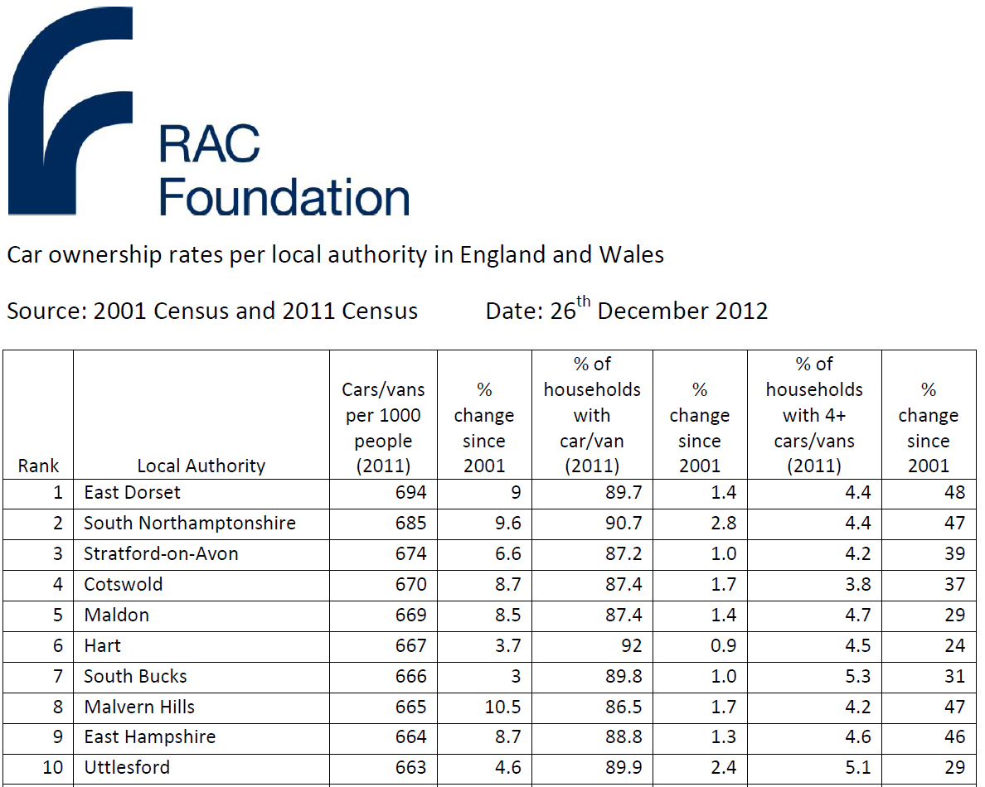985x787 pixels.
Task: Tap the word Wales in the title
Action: coord(631,254)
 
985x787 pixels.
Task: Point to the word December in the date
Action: coord(651,311)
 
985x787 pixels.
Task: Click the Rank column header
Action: coord(38,466)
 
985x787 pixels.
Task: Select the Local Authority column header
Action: coord(201,466)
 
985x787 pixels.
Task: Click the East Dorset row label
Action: coord(133,493)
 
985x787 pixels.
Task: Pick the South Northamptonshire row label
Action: coord(190,524)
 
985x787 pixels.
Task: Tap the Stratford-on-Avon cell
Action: coord(161,554)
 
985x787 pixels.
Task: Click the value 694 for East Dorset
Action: coord(411,493)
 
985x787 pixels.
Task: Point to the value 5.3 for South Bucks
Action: coord(857,677)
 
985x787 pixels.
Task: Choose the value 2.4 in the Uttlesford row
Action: coord(723,768)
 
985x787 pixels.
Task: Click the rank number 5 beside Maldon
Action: coord(57,616)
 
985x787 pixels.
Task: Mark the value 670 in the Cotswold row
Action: coord(411,585)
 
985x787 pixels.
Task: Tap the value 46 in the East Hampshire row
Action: coord(954,737)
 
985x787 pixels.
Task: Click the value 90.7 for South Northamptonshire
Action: coord(624,524)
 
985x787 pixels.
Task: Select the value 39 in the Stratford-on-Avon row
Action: coord(954,554)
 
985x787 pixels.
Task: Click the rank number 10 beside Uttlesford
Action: coord(52,768)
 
